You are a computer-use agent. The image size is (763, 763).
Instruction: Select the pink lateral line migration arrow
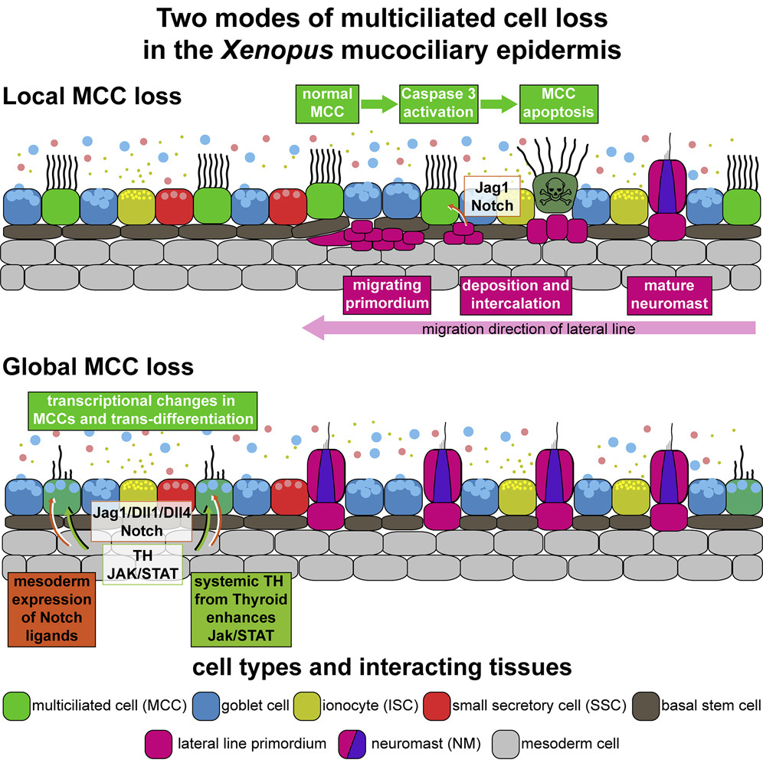point(529,329)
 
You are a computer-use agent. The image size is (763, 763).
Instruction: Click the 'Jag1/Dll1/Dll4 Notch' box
point(139,522)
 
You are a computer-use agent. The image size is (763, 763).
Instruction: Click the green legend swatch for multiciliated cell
point(16,703)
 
